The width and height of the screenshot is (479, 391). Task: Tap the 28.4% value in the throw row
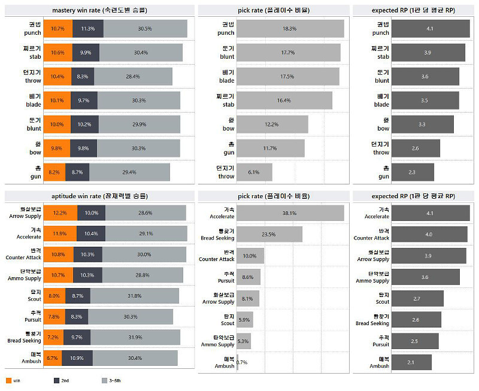pyautogui.click(x=133, y=77)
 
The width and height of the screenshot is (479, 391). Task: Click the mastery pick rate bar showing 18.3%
pyautogui.click(x=290, y=29)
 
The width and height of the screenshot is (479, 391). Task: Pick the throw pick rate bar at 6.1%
pyautogui.click(x=254, y=172)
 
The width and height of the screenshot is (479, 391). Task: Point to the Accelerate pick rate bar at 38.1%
pyautogui.click(x=290, y=213)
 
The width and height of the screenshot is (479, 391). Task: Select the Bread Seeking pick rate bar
pyautogui.click(x=269, y=234)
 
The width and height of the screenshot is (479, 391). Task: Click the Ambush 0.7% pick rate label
pyautogui.click(x=242, y=362)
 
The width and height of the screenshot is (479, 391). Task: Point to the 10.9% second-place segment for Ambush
pyautogui.click(x=77, y=358)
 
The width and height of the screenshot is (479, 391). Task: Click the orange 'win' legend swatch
pyautogui.click(x=8, y=381)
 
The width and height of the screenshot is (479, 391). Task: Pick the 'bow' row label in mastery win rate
pyautogui.click(x=34, y=148)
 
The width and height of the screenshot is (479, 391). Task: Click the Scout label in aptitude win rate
pyautogui.click(x=34, y=296)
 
